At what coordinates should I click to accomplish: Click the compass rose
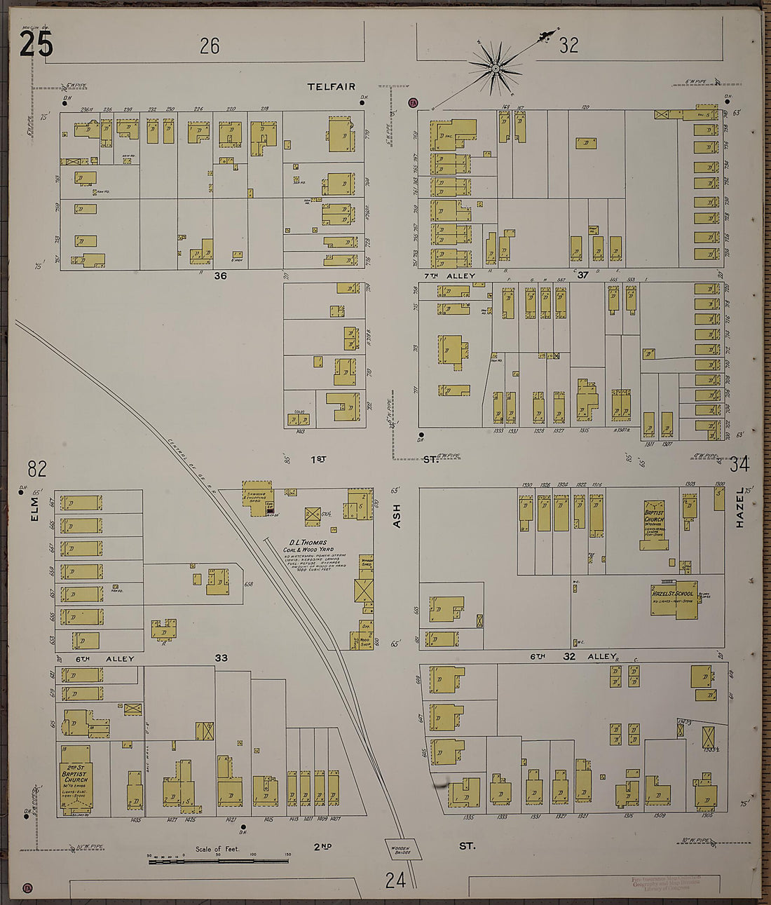click(x=496, y=68)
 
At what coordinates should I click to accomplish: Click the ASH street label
click(x=396, y=515)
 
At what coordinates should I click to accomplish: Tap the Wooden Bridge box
click(x=402, y=850)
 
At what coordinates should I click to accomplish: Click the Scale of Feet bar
click(x=218, y=859)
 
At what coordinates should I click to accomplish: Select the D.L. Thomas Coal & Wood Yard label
click(x=309, y=547)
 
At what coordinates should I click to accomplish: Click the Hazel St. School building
click(x=673, y=600)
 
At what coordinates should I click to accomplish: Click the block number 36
click(x=220, y=275)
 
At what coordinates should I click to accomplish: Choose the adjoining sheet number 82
click(x=37, y=468)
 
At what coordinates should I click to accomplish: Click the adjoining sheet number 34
click(x=739, y=464)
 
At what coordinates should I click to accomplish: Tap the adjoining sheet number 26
click(x=210, y=46)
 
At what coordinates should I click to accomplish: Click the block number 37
click(x=582, y=275)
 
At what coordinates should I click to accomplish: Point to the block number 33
click(x=221, y=658)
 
